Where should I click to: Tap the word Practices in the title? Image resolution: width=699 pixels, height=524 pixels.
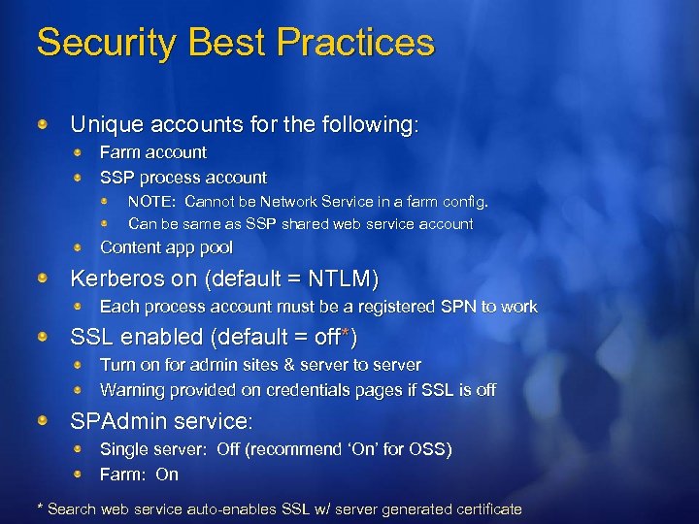coord(355,43)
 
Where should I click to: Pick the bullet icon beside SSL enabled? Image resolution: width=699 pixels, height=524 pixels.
coord(44,338)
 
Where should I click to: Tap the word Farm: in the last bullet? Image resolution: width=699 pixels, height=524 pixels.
coord(123,475)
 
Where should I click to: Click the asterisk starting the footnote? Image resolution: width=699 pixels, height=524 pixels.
coord(39,508)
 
